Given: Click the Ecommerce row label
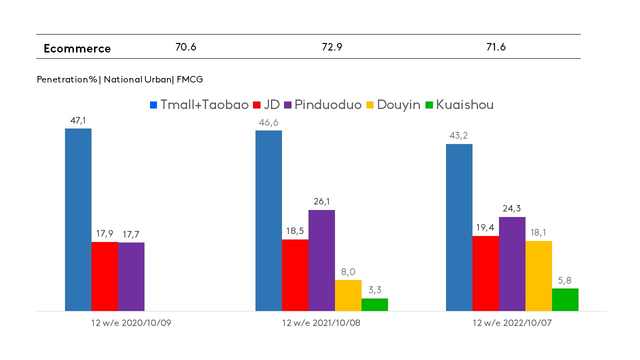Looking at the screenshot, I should pyautogui.click(x=77, y=48).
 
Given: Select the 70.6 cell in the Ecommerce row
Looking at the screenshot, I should pyautogui.click(x=185, y=47).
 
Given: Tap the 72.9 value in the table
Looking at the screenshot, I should pyautogui.click(x=332, y=47).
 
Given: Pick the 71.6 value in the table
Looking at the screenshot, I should pyautogui.click(x=496, y=47).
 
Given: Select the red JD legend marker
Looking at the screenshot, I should pyautogui.click(x=257, y=105).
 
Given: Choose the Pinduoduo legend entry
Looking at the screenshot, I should pyautogui.click(x=323, y=105).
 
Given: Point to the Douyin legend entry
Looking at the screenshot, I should pyautogui.click(x=393, y=105).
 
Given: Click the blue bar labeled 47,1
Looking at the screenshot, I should pyautogui.click(x=78, y=220).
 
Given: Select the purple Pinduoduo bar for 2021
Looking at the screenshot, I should pyautogui.click(x=321, y=260).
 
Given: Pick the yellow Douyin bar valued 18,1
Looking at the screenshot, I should pyautogui.click(x=538, y=276).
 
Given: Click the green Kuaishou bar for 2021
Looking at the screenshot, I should pyautogui.click(x=374, y=304).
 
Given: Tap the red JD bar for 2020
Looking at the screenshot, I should pyautogui.click(x=104, y=276).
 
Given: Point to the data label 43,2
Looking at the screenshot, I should pyautogui.click(x=459, y=135).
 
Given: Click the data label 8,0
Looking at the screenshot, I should pyautogui.click(x=348, y=271).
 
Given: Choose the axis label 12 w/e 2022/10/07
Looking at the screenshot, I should pyautogui.click(x=512, y=323).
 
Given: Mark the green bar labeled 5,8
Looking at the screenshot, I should pyautogui.click(x=565, y=299).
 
